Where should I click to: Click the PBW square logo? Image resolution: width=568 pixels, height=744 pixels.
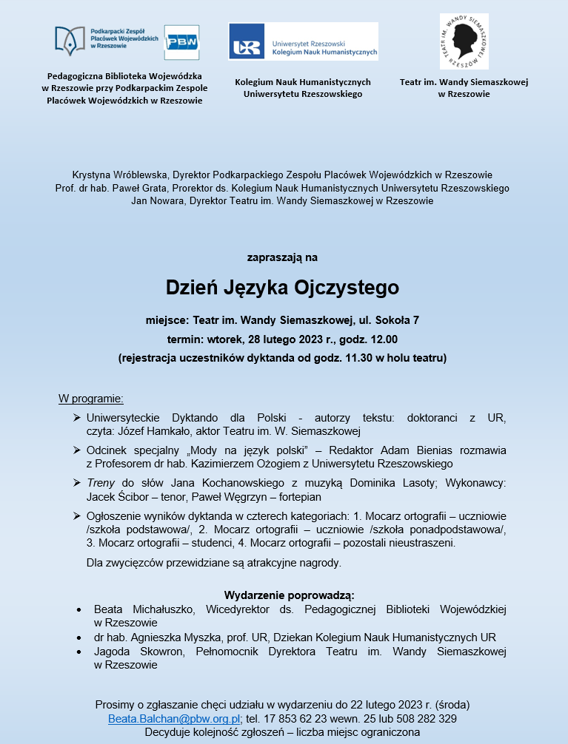click(x=181, y=42)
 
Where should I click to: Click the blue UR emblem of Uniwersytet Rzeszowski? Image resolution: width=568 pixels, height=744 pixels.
click(x=247, y=47)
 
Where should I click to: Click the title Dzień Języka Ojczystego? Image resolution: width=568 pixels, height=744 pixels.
click(x=282, y=287)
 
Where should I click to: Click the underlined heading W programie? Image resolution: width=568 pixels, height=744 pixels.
click(x=91, y=399)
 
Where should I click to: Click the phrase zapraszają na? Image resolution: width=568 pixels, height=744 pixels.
click(x=282, y=258)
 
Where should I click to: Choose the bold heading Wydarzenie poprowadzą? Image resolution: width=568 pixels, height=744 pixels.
click(x=289, y=595)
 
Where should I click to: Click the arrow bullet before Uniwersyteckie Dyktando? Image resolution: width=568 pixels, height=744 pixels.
click(x=77, y=418)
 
